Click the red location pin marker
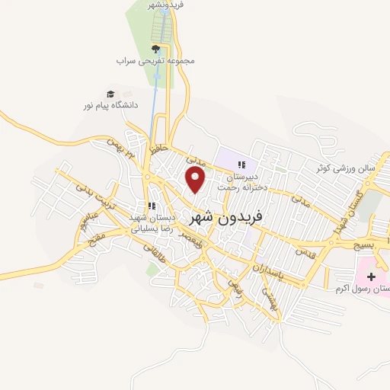(x=197, y=179)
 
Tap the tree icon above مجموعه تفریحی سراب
(x=156, y=47)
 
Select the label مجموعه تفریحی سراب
(x=156, y=59)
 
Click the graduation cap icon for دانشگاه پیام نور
(x=110, y=94)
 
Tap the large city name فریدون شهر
(x=228, y=217)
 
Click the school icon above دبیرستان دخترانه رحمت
(x=241, y=165)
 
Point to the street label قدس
(x=305, y=252)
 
